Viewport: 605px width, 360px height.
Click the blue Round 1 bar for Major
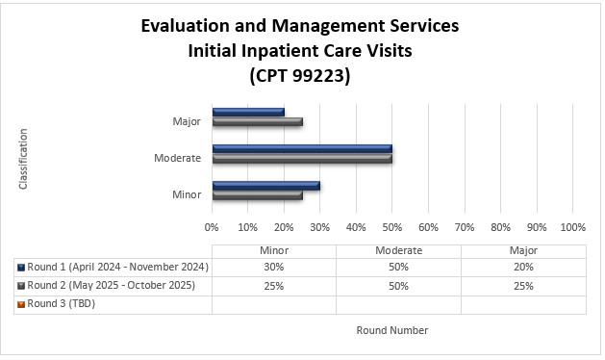point(248,112)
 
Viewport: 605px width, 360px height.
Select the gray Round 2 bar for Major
point(257,122)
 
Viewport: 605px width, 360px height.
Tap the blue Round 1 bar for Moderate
point(302,148)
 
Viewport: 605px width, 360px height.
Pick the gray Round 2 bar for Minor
point(257,195)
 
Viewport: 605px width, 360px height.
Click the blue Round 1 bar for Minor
point(265,185)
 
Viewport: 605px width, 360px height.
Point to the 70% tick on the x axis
point(464,227)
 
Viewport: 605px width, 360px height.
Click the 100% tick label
point(572,227)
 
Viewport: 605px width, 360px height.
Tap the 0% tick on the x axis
point(212,227)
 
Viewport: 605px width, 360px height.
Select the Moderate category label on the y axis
point(178,158)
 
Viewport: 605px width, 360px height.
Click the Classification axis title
point(23,158)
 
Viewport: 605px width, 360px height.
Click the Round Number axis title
point(391,330)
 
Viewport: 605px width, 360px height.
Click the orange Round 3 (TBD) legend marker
point(21,304)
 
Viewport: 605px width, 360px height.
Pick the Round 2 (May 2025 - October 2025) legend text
point(112,285)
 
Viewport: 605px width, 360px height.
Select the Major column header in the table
point(523,249)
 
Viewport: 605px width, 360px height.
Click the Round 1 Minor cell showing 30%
point(274,267)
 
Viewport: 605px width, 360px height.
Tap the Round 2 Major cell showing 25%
point(523,286)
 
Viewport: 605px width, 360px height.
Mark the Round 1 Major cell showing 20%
point(523,267)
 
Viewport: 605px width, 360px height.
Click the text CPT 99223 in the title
point(300,75)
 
